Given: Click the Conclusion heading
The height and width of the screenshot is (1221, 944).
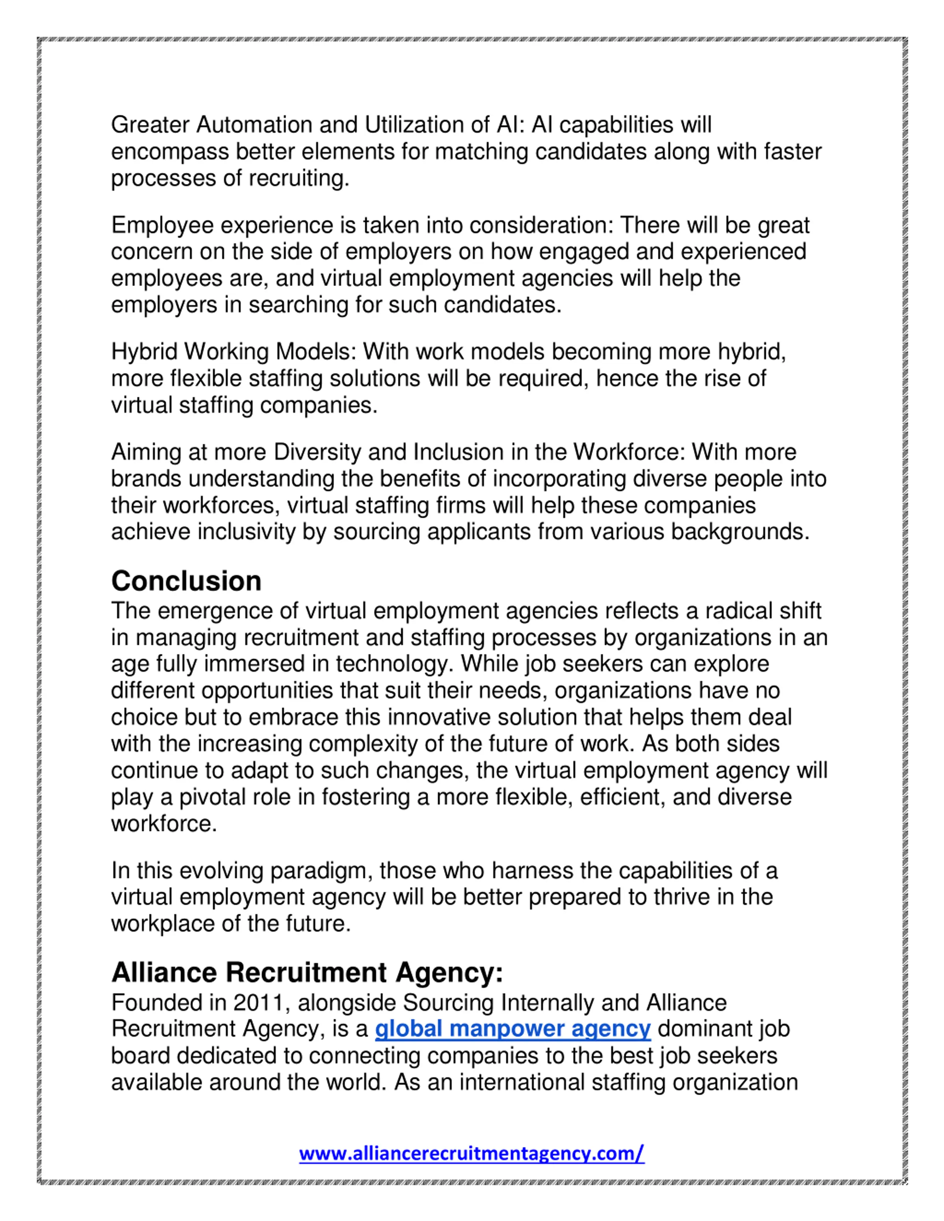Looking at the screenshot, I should point(186,582).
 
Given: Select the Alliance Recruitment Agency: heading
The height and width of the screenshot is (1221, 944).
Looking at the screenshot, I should point(307,973).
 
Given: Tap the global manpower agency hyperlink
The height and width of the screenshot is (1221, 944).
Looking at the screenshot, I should point(512,1029).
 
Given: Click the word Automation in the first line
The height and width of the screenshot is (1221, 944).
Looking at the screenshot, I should point(254,125).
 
